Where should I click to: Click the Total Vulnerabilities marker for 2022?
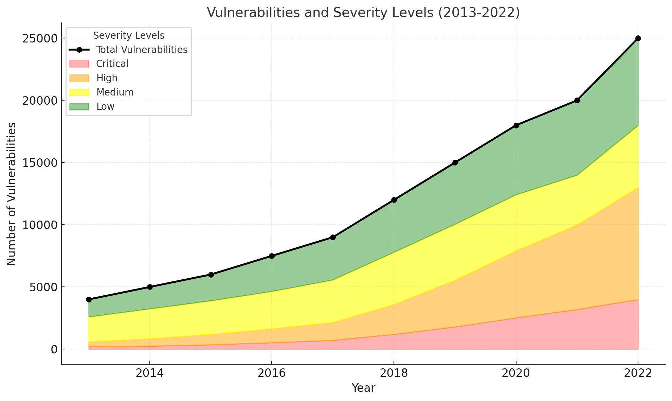[x=638, y=38]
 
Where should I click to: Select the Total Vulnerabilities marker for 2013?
[x=89, y=299]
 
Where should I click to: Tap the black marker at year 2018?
[x=394, y=200]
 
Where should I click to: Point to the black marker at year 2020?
[x=516, y=125]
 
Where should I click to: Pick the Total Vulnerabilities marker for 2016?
[x=272, y=256]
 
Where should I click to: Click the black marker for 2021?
[x=577, y=100]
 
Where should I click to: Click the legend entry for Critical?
[x=112, y=64]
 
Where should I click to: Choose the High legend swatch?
[x=79, y=78]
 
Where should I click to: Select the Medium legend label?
[x=115, y=92]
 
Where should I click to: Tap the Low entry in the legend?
[x=105, y=106]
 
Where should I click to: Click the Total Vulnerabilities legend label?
[x=142, y=50]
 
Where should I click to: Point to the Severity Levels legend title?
[x=129, y=35]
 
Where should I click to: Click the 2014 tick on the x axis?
[x=149, y=373]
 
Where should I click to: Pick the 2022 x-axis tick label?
[x=638, y=373]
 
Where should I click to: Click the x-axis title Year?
[x=363, y=388]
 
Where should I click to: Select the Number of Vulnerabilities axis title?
[x=12, y=194]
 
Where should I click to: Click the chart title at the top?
[x=363, y=13]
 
